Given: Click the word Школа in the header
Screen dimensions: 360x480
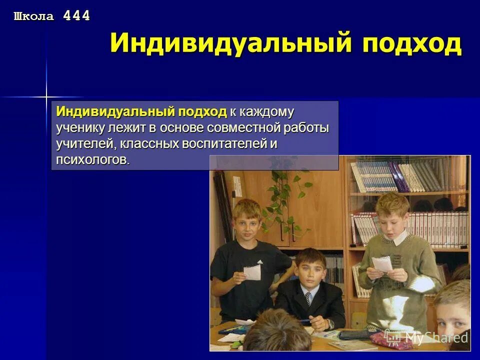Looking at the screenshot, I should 33,16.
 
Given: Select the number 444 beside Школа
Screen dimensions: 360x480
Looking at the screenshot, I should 76,16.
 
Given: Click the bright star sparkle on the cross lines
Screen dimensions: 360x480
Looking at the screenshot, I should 46,96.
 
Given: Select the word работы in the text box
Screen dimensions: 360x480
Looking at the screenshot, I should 306,127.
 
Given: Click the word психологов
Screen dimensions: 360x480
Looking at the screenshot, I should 92,160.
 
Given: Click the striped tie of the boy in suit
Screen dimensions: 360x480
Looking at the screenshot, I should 308,299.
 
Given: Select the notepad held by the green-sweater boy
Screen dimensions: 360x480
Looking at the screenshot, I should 381,263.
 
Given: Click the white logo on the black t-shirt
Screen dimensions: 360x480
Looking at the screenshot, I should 260,261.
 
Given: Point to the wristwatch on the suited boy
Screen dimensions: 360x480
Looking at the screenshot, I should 330,324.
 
